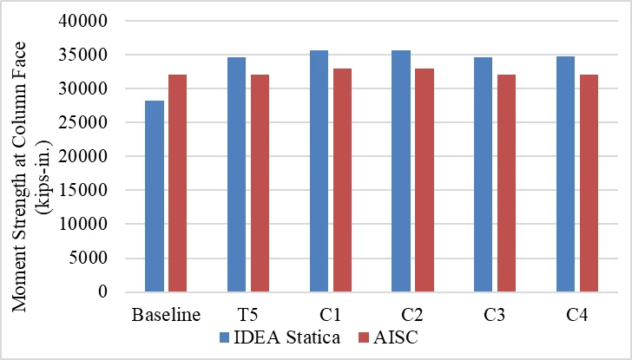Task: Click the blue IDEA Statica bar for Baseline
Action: (x=155, y=196)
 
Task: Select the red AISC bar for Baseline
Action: (x=177, y=183)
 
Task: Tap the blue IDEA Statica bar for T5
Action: (x=237, y=174)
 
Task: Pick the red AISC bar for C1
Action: (x=342, y=180)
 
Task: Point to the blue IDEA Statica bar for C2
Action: (x=401, y=171)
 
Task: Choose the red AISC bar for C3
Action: (x=507, y=183)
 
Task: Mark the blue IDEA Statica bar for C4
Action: (x=565, y=174)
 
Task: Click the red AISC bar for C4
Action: (x=589, y=183)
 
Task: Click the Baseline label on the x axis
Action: (x=166, y=315)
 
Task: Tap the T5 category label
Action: (x=248, y=315)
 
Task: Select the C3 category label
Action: (x=495, y=315)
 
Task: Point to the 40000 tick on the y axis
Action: (x=83, y=21)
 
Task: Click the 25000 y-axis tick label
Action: (x=83, y=122)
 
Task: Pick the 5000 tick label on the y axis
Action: (x=88, y=258)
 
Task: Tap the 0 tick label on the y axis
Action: (x=102, y=291)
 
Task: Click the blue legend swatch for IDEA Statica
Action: (x=224, y=337)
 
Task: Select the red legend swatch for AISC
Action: (x=364, y=337)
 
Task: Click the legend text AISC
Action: (x=396, y=337)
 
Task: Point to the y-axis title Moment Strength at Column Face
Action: (x=18, y=177)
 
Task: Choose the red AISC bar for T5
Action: (x=260, y=183)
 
